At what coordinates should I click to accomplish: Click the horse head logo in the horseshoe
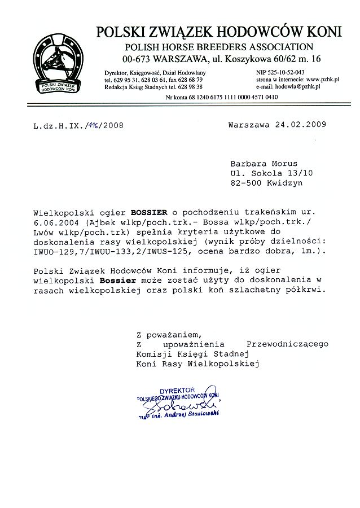pyautogui.click(x=56, y=60)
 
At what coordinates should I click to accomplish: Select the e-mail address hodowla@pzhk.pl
pyautogui.click(x=297, y=87)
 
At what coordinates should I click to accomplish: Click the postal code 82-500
pyautogui.click(x=245, y=183)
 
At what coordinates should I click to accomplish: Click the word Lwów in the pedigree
pyautogui.click(x=43, y=233)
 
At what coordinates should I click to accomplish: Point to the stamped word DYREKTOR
pyautogui.click(x=177, y=390)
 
